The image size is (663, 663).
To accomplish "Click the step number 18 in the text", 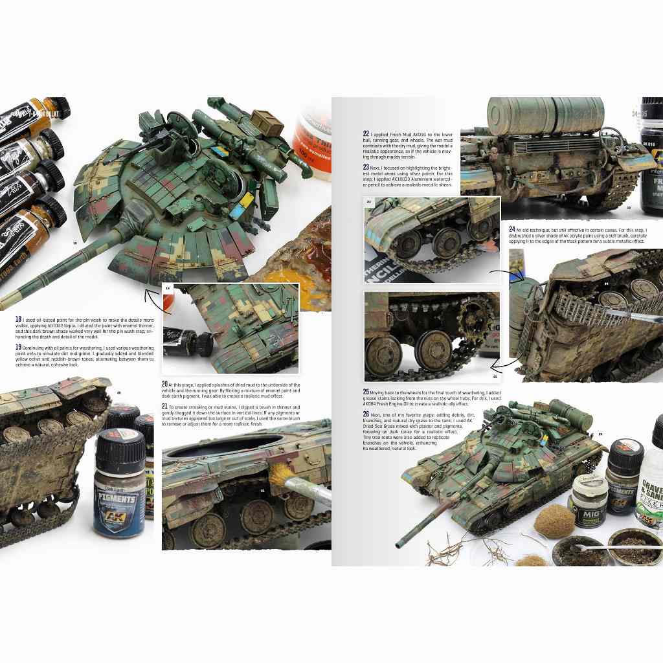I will coord(17,319).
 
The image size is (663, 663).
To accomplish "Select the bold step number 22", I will coord(366,134).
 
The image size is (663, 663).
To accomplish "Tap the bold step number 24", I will coord(512,229).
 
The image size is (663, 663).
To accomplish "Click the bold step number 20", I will coord(165,384).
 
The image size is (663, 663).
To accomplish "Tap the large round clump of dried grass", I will coord(554,522).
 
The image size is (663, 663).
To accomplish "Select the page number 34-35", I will coord(641,115).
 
